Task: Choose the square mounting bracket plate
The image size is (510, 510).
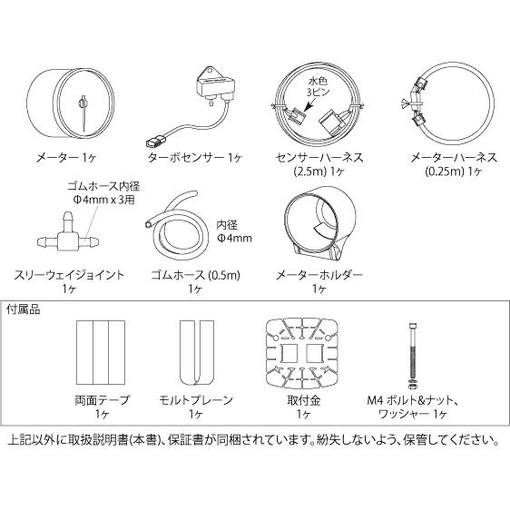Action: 304,352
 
